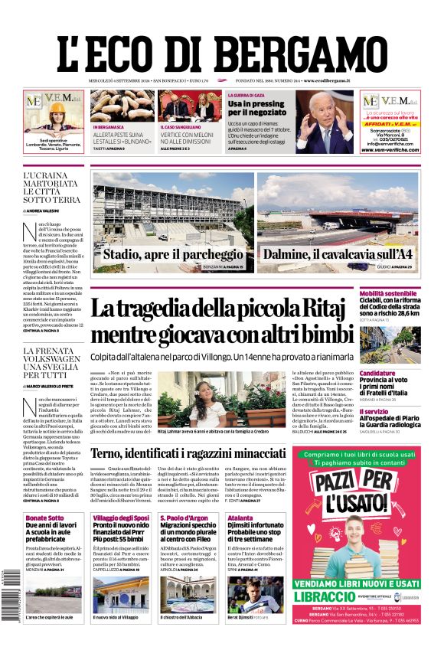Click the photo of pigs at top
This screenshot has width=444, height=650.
[121, 107]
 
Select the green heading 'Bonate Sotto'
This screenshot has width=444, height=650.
[45, 518]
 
